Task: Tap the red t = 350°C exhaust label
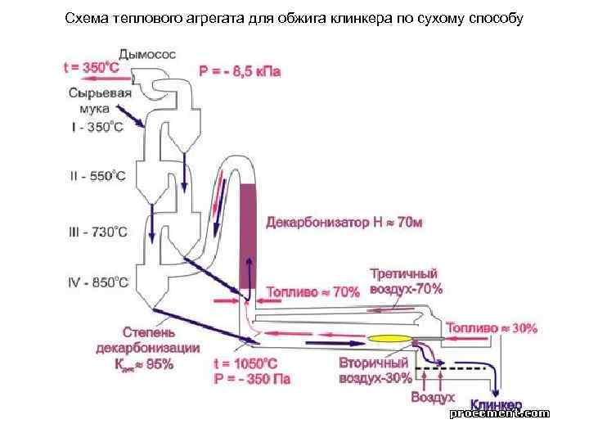click(x=92, y=69)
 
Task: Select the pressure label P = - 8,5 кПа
click(x=239, y=71)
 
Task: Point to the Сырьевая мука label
click(x=95, y=100)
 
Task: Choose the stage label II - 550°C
click(x=97, y=176)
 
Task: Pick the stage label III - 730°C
click(x=97, y=232)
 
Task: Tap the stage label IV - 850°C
click(x=97, y=283)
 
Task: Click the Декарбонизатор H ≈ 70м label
click(x=344, y=223)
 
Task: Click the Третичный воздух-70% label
click(x=406, y=282)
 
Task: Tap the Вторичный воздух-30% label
click(x=375, y=370)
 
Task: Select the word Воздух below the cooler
click(x=432, y=397)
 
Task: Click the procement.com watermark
click(x=499, y=414)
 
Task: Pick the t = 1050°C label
click(x=245, y=364)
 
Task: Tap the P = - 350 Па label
click(x=251, y=379)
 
